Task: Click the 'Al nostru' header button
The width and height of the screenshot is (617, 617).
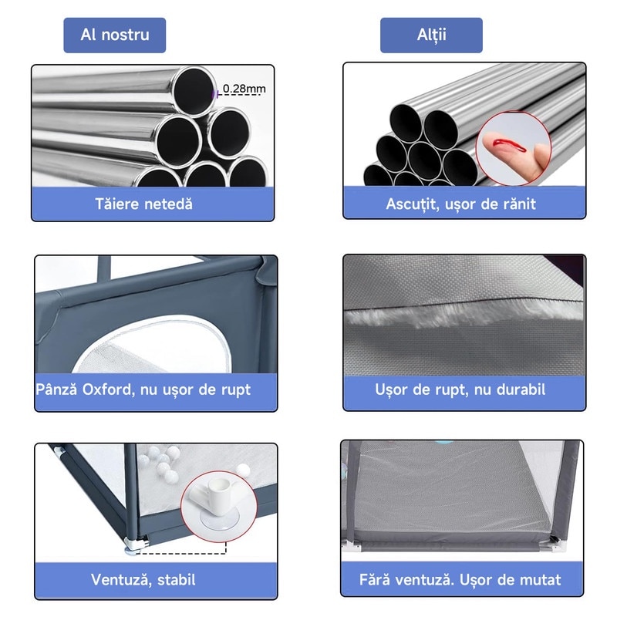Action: [x=114, y=35]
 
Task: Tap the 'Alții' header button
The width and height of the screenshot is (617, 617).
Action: [x=431, y=35]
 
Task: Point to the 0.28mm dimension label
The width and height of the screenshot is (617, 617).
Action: [x=244, y=89]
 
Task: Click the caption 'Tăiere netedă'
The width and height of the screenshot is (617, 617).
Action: [x=143, y=204]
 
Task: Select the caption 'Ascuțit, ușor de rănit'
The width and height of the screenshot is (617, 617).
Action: [x=460, y=204]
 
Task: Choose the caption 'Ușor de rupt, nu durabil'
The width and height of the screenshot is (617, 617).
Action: [x=460, y=389]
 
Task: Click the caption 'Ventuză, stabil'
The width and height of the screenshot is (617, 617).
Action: [x=143, y=580]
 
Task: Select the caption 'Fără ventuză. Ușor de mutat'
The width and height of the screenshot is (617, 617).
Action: [x=460, y=580]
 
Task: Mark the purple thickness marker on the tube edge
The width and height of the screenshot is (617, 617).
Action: [x=215, y=94]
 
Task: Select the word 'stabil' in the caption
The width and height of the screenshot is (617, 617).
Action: [x=177, y=580]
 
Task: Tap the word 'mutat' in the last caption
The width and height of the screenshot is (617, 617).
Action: [x=541, y=580]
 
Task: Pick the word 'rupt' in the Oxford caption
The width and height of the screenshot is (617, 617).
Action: [x=236, y=390]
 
